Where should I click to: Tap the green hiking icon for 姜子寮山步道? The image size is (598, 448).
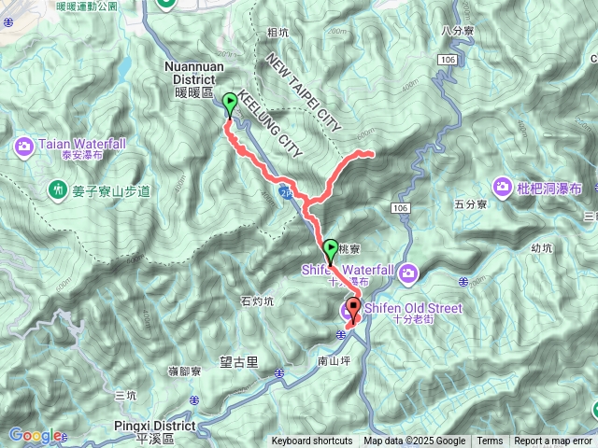tap(58, 190)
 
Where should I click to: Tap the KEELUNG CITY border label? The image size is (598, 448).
tap(271, 121)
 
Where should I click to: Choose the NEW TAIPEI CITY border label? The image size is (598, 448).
tap(304, 91)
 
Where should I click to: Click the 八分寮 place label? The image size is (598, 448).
tap(460, 30)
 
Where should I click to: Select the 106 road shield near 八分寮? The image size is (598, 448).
tap(447, 60)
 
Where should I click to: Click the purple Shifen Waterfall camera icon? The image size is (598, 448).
tap(408, 273)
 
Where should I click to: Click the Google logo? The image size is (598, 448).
tap(35, 435)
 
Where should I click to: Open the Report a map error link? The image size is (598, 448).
tap(552, 441)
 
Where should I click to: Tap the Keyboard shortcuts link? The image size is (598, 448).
tap(312, 441)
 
